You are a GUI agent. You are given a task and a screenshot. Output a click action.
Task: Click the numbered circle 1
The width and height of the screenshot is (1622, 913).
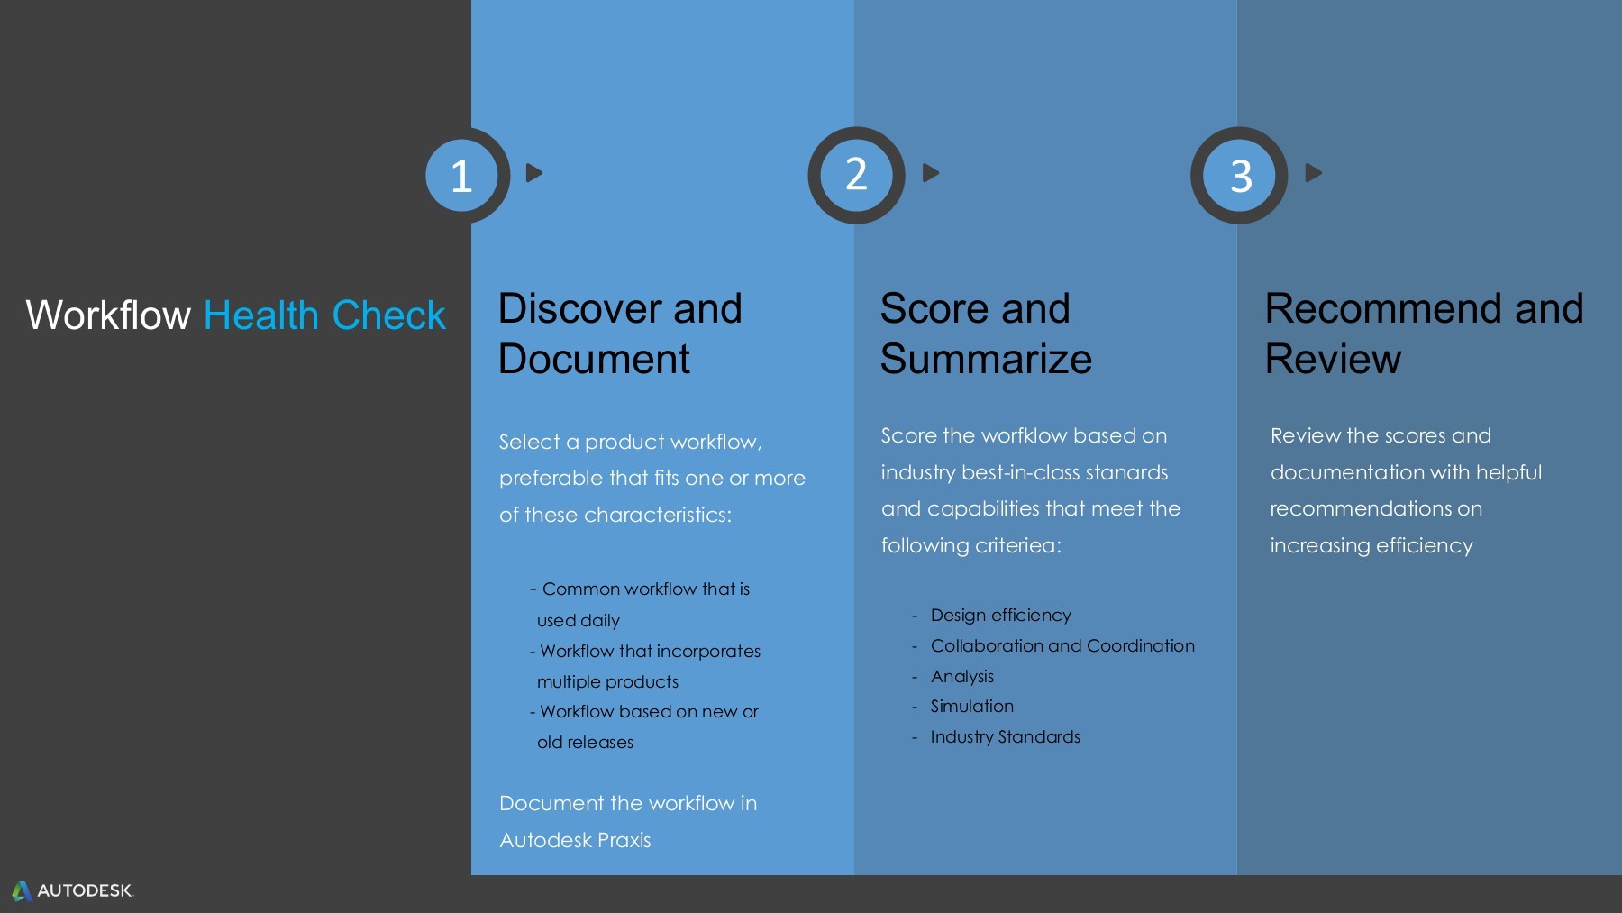pos(461,175)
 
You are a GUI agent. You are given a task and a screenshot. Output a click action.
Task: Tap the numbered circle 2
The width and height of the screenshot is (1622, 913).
pos(856,175)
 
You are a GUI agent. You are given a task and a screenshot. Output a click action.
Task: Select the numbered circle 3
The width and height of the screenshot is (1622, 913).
pos(1240,175)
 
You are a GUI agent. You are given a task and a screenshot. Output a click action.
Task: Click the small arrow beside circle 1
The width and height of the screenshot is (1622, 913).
pos(533,172)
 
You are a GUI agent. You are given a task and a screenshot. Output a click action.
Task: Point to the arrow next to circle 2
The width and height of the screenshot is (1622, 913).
pos(931,172)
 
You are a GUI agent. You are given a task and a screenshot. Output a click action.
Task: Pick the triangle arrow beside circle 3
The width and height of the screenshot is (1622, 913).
pos(1314,172)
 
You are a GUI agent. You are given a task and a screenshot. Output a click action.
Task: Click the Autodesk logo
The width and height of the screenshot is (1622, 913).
pos(72,890)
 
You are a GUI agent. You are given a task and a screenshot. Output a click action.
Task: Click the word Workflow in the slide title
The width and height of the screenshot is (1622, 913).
pos(108,315)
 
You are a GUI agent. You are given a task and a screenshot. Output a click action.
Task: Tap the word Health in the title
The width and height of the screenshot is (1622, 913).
pos(261,315)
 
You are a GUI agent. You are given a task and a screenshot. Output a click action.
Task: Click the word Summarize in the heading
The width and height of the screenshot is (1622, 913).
pos(986,360)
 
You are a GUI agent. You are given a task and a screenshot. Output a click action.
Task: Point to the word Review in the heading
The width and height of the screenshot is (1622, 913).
pos(1333,360)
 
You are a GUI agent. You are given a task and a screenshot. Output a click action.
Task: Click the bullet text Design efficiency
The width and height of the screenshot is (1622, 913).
pos(1000,616)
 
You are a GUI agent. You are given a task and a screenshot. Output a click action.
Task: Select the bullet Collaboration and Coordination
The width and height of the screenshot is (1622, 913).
pos(1062,646)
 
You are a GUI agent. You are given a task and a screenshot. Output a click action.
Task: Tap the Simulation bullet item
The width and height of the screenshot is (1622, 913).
pos(971,707)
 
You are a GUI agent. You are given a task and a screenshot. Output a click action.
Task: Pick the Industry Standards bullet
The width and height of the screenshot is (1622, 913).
pos(1005,737)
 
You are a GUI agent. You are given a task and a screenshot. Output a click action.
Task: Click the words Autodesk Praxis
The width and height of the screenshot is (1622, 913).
pos(575,841)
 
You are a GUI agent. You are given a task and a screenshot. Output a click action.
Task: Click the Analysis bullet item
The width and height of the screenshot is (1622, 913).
pos(961,677)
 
